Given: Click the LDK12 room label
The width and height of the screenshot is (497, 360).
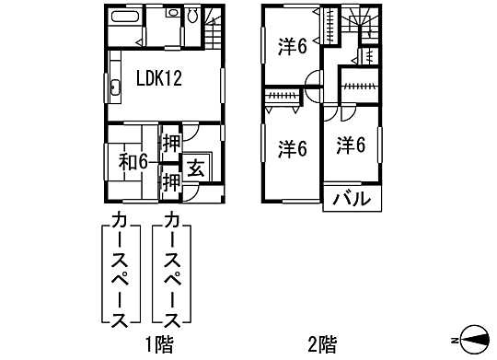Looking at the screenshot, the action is [159, 79].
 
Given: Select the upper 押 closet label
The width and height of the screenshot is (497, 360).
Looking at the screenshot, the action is [171, 144].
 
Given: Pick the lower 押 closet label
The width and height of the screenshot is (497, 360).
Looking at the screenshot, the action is [171, 181].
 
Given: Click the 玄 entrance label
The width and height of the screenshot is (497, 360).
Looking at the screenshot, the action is [197, 168].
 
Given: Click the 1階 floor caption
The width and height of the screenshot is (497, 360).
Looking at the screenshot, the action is [158, 344].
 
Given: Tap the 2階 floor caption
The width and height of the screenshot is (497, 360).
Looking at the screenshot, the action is [321, 344].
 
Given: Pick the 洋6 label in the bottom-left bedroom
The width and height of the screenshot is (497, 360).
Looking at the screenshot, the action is [292, 147].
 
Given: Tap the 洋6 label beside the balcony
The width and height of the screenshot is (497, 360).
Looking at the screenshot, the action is [351, 145].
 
